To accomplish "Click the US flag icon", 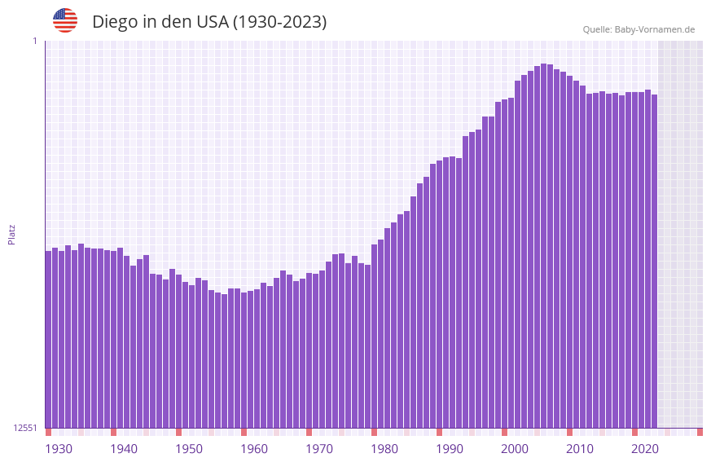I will [65, 20].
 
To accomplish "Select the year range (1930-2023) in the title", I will [280, 22].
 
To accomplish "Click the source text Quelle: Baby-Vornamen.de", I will [639, 29].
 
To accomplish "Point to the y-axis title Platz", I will [11, 234].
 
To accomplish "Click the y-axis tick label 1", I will [34, 41].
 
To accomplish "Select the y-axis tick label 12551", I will [25, 428].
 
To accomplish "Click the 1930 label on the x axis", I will [59, 449].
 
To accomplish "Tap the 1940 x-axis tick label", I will [124, 449].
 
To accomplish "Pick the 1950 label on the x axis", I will [189, 449].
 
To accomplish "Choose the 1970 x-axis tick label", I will [319, 449].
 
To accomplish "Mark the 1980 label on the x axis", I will [384, 449].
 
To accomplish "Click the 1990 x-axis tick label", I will [450, 449].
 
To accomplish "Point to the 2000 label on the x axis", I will [515, 449].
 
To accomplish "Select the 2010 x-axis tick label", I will [580, 449].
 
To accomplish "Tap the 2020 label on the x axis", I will [645, 449].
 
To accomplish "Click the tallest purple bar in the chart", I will [543, 244].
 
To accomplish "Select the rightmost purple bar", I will [654, 261].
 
